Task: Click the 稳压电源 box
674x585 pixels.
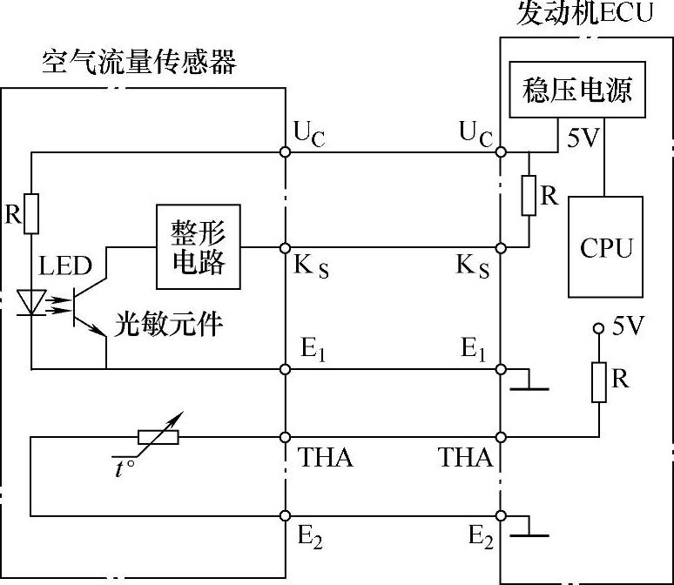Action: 577,89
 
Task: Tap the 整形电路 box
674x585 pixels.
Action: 199,247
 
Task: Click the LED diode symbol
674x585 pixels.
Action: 33,301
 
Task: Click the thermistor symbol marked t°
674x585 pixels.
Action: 157,437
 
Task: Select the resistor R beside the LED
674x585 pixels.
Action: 32,214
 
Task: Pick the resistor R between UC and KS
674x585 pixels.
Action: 529,195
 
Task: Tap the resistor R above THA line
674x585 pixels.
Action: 599,383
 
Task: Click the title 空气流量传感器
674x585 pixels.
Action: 139,63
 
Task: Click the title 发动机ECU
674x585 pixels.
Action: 584,14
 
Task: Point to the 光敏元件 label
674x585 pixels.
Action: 169,325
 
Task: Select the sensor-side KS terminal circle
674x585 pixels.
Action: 286,248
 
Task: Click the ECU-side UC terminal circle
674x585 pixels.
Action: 501,151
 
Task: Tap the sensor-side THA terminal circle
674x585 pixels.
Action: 286,436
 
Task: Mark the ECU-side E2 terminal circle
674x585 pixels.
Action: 501,514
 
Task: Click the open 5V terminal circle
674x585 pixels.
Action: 598,329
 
